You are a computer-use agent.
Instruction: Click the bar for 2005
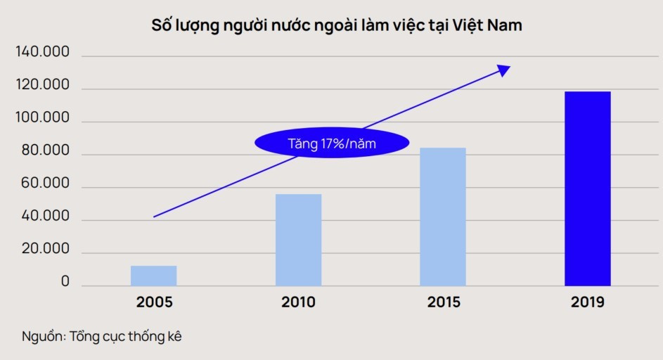point(153,276)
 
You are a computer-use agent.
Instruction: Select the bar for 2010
point(298,240)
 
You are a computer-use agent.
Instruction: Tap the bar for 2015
point(443,217)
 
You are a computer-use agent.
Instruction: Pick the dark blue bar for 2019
point(588,188)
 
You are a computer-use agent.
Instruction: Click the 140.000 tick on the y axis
point(42,53)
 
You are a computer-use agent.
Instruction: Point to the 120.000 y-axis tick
point(42,86)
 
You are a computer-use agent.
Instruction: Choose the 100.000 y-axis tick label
point(42,118)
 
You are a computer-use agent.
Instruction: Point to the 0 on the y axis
point(65,282)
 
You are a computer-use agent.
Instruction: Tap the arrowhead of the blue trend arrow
point(504,68)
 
